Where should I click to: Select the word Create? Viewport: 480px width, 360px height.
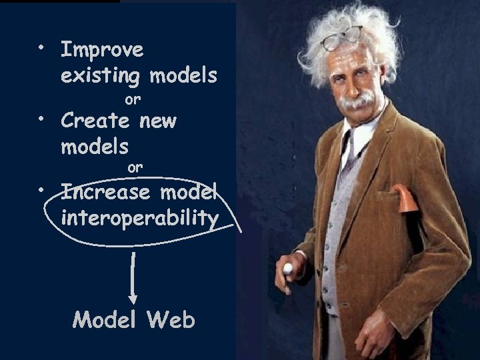tap(95, 121)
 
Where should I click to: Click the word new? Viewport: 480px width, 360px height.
tap(158, 121)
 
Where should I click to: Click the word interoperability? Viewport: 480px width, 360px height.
tap(139, 218)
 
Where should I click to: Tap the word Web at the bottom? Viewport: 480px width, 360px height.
tap(172, 320)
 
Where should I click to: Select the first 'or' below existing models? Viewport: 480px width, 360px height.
tap(133, 100)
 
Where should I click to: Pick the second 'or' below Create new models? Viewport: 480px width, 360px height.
tap(135, 167)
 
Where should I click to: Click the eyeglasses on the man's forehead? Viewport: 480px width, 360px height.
tap(341, 39)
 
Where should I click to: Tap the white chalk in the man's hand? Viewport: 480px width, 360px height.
tap(288, 269)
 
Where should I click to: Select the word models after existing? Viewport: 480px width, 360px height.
tap(183, 76)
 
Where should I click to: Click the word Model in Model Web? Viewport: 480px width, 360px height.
tap(107, 320)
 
